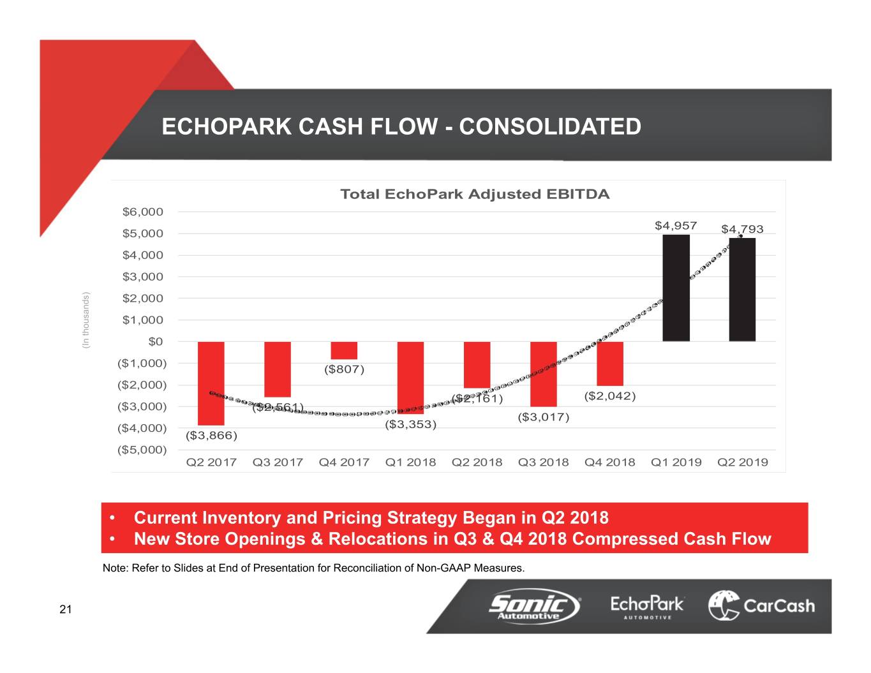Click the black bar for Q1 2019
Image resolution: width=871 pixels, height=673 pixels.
pos(676,288)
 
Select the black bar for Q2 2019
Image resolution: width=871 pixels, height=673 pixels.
pos(742,290)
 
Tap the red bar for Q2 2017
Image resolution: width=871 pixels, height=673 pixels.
pos(211,383)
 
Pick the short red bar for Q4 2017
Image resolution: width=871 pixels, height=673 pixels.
pos(344,350)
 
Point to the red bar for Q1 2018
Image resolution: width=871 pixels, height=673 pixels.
pos(410,378)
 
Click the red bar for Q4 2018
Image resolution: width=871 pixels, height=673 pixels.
pos(610,364)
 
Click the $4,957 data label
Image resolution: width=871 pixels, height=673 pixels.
pos(676,226)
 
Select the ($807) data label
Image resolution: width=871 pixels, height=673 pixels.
pos(344,369)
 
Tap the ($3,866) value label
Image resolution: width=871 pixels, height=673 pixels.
pos(211,436)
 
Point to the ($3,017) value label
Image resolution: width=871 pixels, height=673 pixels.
pos(543,417)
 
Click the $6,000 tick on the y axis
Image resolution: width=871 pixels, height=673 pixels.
pos(143,212)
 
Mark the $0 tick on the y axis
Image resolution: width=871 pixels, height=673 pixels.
pos(156,342)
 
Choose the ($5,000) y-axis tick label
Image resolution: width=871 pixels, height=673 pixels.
pos(142,450)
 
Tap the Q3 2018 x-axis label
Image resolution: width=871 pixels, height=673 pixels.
pos(543,462)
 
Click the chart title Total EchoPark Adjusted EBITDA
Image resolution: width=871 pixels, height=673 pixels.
pos(475,195)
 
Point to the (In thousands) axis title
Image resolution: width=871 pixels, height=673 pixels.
pos(86,320)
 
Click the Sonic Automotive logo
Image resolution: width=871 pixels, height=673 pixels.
pos(535,605)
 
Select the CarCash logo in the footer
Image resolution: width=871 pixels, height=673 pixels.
pos(761,605)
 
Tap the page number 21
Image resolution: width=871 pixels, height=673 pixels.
pos(66,610)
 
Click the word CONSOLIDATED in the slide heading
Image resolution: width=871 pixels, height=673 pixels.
pos(550,126)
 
